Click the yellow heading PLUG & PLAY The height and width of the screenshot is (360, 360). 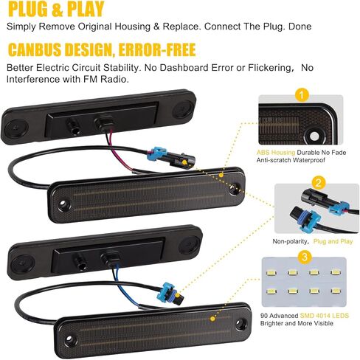pos(56,9)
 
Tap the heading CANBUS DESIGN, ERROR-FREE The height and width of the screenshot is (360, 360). pos(102,49)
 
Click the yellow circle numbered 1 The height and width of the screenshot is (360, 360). pos(302,95)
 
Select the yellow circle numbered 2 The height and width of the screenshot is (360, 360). pos(318,183)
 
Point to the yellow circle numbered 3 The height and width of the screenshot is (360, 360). pos(305,257)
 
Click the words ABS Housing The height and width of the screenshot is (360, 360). pos(276,153)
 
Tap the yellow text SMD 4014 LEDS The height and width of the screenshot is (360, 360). pos(325,316)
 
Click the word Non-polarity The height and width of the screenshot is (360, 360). pos(290,241)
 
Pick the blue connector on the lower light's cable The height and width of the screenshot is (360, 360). pos(170,290)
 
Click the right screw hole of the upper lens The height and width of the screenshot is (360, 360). pos(235,187)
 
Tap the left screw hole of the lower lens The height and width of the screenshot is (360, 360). pos(69,340)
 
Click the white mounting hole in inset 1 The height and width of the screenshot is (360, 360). pos(314,136)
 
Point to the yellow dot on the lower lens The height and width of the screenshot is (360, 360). pos(212,319)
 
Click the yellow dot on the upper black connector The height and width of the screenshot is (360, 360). pos(184,162)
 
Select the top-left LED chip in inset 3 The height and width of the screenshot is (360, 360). pos(271,273)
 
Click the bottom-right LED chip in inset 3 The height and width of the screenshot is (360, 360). pos(336,291)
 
